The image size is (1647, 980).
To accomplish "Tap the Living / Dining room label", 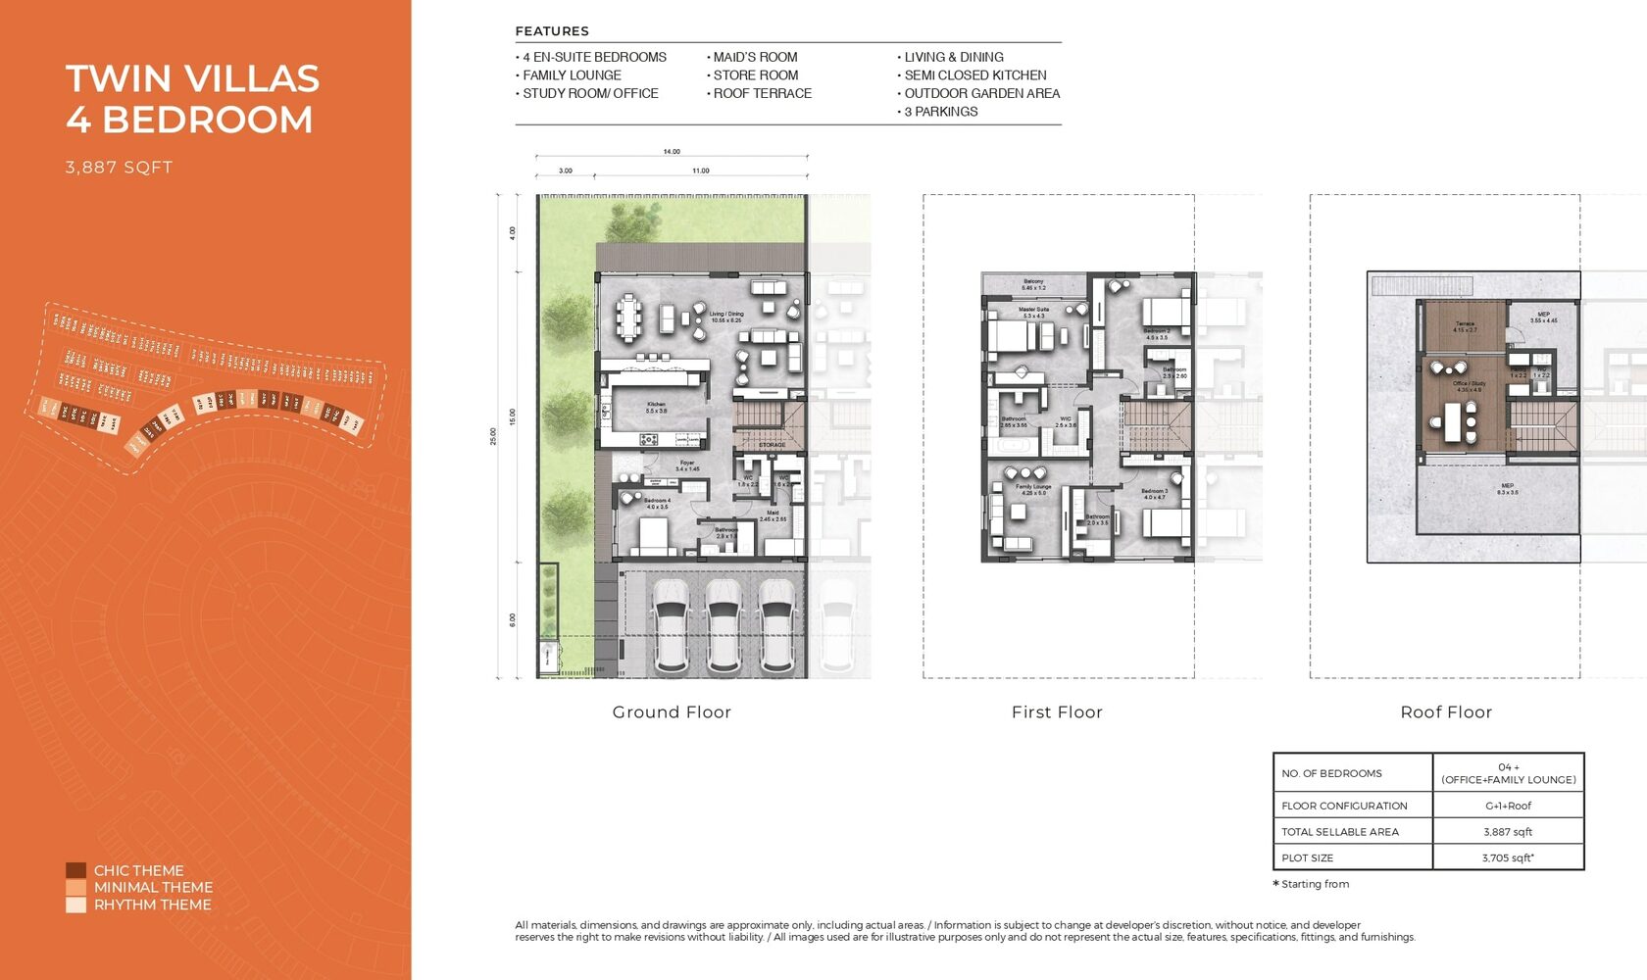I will pos(726,317).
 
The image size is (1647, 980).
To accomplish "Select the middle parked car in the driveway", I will pos(724,624).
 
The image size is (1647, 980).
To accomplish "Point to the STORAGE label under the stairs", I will pos(772,445).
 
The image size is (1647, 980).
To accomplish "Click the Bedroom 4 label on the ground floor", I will pos(657,503).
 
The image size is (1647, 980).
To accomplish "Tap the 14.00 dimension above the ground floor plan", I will pos(671,152).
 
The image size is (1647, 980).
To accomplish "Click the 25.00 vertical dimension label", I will pos(493,436).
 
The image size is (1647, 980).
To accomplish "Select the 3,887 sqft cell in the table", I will pos(1508,832).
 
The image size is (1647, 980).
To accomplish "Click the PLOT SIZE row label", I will pos(1307,857).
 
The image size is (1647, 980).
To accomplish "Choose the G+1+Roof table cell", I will pos(1508,806).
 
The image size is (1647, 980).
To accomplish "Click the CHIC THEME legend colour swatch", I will pos(75,870).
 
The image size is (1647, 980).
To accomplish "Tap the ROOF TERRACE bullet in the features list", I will pos(762,93).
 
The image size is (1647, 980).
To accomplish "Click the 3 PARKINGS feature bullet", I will pos(940,112).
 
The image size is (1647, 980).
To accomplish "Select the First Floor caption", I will pos(1057,712).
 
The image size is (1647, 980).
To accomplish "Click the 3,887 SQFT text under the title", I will pos(119,168).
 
